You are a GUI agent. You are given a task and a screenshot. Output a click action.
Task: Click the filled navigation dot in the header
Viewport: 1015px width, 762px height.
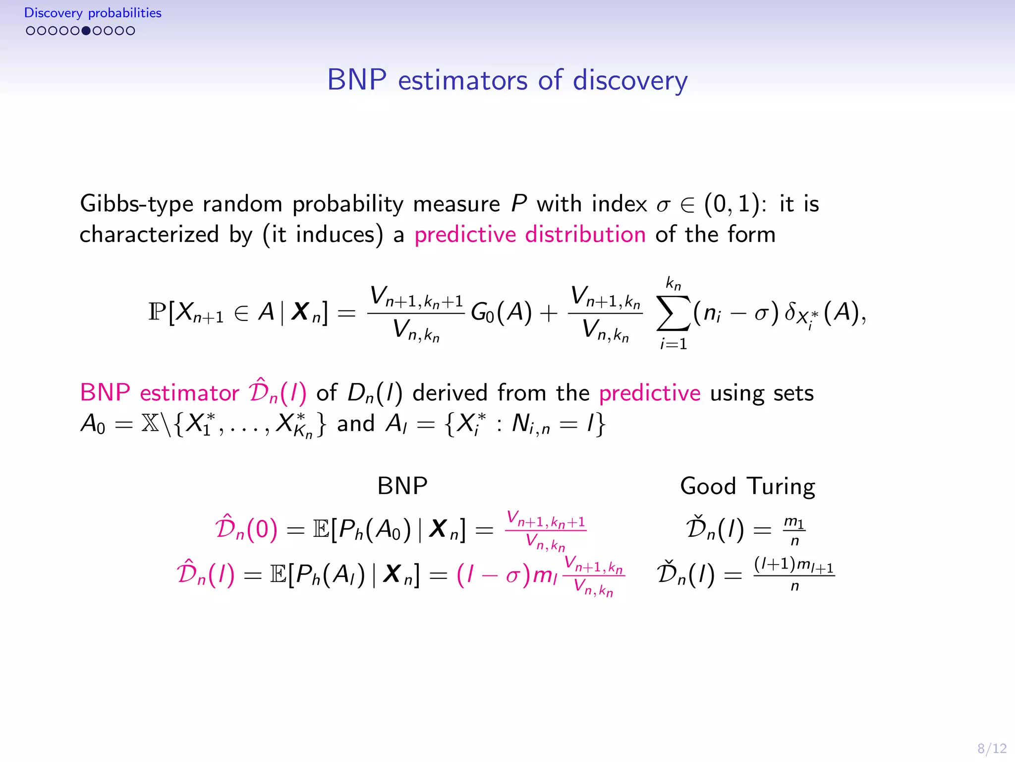tap(86, 31)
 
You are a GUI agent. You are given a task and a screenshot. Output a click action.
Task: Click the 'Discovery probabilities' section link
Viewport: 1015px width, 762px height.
tap(93, 13)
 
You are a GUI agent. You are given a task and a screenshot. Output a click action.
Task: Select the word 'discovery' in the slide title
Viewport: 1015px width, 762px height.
tap(630, 80)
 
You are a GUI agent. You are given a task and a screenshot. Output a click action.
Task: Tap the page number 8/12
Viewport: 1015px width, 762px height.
tap(992, 748)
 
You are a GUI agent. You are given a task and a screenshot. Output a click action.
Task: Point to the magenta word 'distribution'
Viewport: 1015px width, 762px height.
tap(585, 234)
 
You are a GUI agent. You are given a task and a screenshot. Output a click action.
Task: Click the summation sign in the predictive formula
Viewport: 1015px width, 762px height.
tap(673, 314)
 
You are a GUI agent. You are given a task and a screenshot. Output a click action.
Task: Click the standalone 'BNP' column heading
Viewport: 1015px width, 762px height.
tap(402, 486)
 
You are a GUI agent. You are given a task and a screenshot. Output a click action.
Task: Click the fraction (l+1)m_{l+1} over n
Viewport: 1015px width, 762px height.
tap(794, 574)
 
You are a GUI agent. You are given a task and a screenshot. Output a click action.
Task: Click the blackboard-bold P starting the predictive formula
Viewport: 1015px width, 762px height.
tap(157, 313)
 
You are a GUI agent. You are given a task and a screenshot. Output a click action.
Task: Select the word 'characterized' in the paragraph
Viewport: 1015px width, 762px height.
tap(149, 234)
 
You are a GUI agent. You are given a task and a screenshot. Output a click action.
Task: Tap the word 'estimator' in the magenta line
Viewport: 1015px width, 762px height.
tap(189, 393)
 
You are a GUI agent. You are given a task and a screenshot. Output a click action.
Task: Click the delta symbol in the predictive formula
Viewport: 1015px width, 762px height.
tap(790, 313)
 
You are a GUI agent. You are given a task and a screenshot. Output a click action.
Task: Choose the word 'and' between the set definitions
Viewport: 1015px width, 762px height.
tap(355, 424)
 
